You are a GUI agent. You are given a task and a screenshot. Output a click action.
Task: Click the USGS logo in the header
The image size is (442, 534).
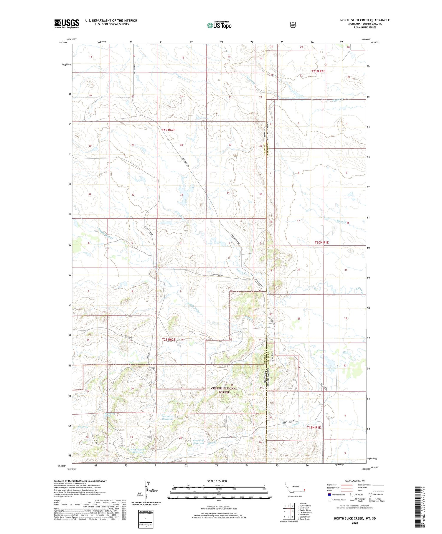67,24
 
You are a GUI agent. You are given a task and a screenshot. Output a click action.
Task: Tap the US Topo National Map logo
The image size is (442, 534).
220,25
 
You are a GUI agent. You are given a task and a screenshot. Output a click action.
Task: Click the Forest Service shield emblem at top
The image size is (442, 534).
293,25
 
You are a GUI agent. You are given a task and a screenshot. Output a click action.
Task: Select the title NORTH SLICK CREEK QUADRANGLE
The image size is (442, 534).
365,20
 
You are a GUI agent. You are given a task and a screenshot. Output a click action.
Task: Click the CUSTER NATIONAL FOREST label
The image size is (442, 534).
224,390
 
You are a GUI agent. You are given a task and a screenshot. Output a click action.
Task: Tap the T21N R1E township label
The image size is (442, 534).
318,71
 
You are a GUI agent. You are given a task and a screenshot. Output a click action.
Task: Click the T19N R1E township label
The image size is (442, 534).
314,427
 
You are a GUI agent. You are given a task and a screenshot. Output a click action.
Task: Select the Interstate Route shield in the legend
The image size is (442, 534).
329,495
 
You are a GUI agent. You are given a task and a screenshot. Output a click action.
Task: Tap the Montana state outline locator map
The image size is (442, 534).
295,488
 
